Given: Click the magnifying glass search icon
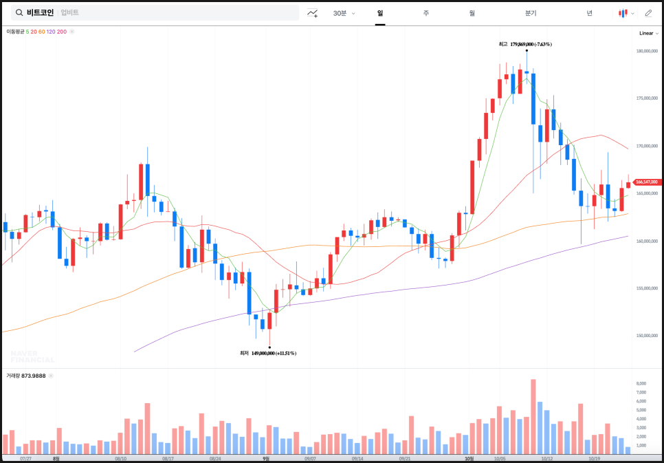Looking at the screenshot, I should tap(19, 13).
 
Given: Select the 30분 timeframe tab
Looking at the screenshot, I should tap(340, 13).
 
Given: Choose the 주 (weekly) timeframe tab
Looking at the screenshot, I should tap(426, 13).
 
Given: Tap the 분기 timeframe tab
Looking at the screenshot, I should tap(530, 13).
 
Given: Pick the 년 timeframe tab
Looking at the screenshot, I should tap(589, 13).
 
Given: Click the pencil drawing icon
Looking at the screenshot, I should tap(648, 13).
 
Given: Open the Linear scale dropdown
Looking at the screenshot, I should tap(648, 33).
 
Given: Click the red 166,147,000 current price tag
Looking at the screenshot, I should tap(646, 182).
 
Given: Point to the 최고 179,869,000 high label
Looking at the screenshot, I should tap(525, 44).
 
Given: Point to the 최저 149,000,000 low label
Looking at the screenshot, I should tap(268, 353).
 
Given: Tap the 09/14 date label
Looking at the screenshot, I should tap(357, 458).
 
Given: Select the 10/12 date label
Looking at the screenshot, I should tap(547, 458).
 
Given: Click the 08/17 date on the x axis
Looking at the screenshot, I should tap(168, 458).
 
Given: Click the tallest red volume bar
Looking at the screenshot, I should tap(533, 416).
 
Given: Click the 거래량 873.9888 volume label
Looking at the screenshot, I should tap(26, 376).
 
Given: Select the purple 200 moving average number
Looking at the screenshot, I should tap(62, 32).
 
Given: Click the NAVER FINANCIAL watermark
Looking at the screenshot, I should tap(32, 356).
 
